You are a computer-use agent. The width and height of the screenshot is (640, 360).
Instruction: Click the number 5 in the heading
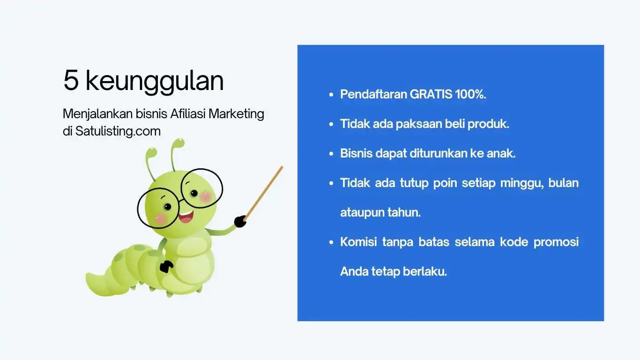[71, 81]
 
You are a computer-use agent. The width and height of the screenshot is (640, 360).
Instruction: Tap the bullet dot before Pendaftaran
[331, 95]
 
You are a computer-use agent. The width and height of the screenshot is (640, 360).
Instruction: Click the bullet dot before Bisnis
[331, 154]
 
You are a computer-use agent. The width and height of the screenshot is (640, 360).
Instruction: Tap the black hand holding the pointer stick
[240, 221]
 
